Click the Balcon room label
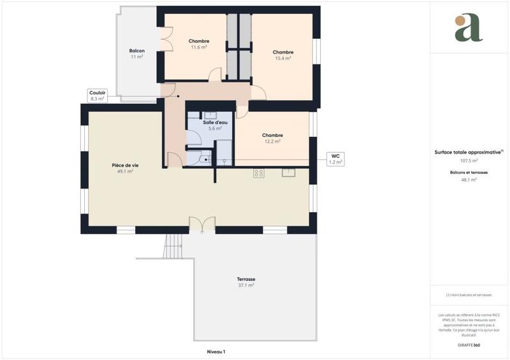click(136, 50)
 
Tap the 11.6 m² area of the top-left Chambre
click(199, 47)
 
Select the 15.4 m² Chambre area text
click(283, 58)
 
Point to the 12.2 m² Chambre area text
click(272, 141)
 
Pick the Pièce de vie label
click(125, 165)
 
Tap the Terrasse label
click(246, 279)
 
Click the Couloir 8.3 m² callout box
click(98, 95)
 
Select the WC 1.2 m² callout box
click(335, 159)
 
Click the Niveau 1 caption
click(216, 351)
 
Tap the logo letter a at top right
click(469, 28)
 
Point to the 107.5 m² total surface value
click(469, 161)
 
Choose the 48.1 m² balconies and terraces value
click(469, 180)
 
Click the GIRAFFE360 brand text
click(469, 344)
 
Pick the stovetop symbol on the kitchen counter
click(259, 172)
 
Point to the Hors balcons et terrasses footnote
click(469, 295)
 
